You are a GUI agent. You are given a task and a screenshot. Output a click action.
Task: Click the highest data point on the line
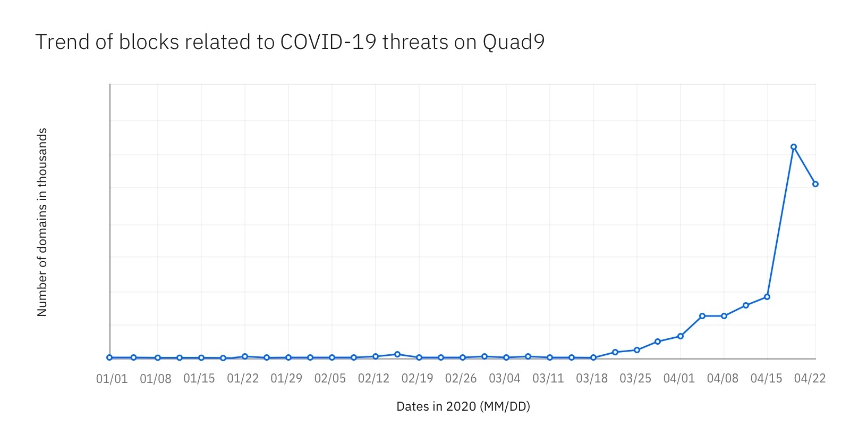[793, 147]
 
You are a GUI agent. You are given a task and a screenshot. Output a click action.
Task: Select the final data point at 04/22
[815, 184]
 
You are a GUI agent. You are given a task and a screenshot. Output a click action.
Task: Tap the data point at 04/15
[767, 297]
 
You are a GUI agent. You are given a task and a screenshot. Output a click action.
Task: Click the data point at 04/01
[681, 336]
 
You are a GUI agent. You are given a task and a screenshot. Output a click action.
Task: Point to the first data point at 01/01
[109, 357]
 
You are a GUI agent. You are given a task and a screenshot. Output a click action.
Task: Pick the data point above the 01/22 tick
[245, 356]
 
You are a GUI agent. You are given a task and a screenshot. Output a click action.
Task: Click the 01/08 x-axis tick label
[156, 379]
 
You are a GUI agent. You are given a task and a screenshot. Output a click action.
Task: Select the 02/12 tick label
[373, 379]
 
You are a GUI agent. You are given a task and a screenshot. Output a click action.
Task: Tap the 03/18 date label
[592, 379]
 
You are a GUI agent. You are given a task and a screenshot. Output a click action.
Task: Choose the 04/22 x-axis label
[810, 379]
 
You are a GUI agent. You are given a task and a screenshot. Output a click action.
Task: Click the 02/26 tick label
[461, 379]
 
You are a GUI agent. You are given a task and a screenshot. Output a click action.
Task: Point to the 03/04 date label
[505, 379]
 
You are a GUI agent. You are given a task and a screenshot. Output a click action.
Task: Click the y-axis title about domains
[42, 222]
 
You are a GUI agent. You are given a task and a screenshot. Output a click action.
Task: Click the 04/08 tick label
[722, 379]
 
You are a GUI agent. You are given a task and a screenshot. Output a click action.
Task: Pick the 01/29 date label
[286, 379]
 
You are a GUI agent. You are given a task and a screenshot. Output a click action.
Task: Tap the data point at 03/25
[637, 350]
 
